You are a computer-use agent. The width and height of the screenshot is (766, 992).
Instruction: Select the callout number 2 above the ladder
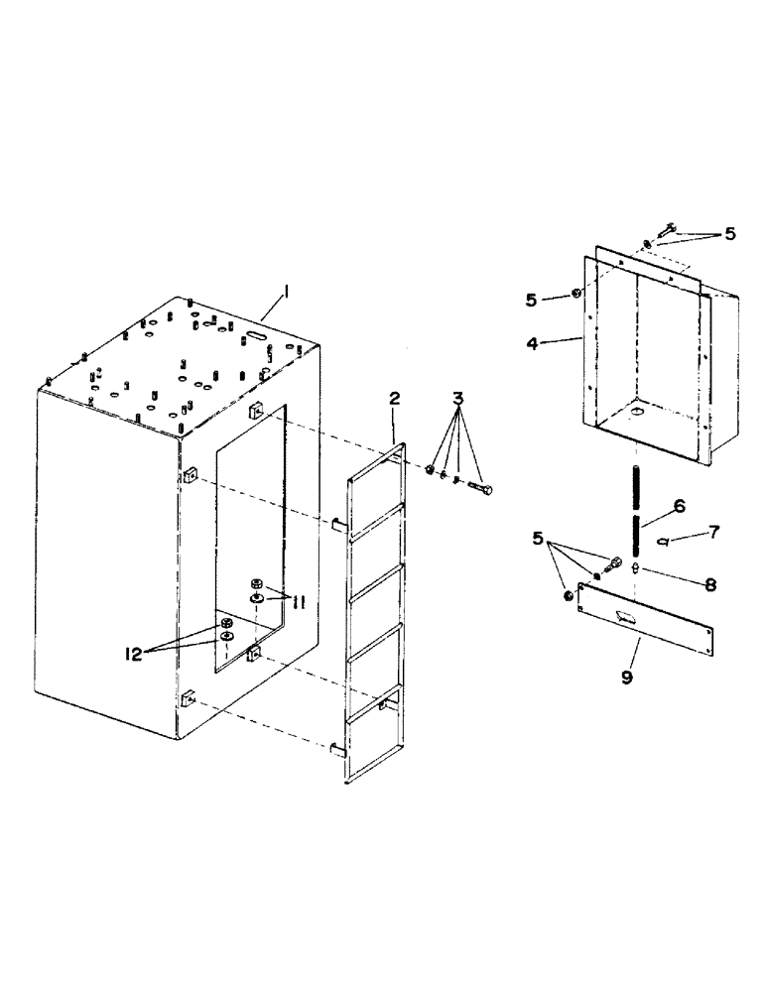pos(394,399)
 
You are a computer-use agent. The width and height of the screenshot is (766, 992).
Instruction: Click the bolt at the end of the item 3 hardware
pos(487,488)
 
